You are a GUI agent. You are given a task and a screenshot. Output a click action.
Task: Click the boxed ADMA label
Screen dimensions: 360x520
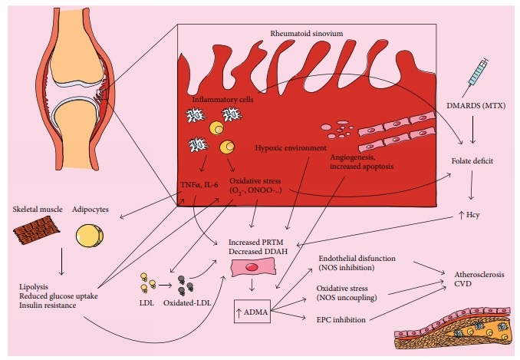click(x=254, y=312)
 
